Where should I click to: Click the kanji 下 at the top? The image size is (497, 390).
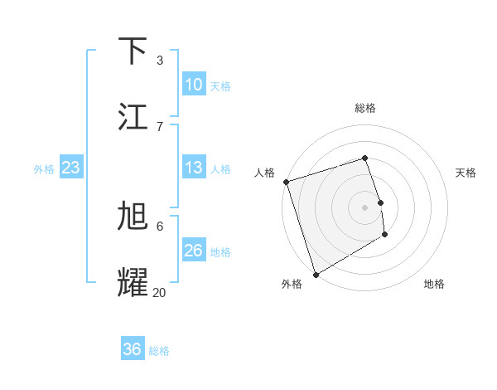[x=133, y=51]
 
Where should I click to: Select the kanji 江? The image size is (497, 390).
[x=133, y=116]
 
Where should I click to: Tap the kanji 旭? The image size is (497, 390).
[x=133, y=217]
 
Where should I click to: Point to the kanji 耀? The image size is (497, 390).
[x=133, y=283]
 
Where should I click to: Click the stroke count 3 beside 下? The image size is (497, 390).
[x=159, y=60]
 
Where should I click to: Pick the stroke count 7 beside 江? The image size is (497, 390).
[x=159, y=126]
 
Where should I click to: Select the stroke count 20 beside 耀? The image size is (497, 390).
[x=159, y=292]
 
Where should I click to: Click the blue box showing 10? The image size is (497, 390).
[x=193, y=84]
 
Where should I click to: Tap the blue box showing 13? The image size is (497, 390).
[x=193, y=168]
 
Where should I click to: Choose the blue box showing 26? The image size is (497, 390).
[x=193, y=250]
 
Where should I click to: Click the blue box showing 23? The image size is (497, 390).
[x=70, y=168]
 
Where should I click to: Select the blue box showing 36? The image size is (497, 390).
[x=133, y=349]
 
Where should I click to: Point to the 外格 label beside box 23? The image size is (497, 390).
[x=44, y=168]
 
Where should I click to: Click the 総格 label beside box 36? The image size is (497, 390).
[x=159, y=351]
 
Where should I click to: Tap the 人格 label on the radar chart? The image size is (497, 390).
[x=264, y=173]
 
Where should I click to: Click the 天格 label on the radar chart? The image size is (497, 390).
[x=466, y=173]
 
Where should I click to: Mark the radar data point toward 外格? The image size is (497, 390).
[x=315, y=275]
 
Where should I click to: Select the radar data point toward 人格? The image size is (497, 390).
[x=286, y=182]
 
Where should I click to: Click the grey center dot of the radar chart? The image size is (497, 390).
[x=365, y=207]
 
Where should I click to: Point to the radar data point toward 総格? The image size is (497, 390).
[x=365, y=158]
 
